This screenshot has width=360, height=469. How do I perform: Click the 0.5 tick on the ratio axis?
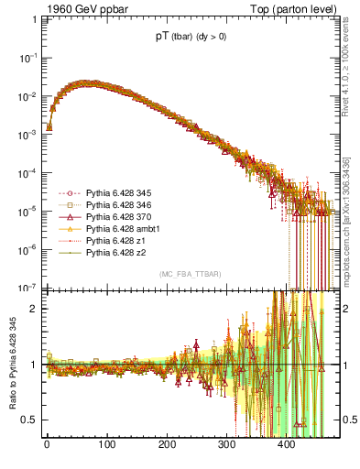pos(27,420)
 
